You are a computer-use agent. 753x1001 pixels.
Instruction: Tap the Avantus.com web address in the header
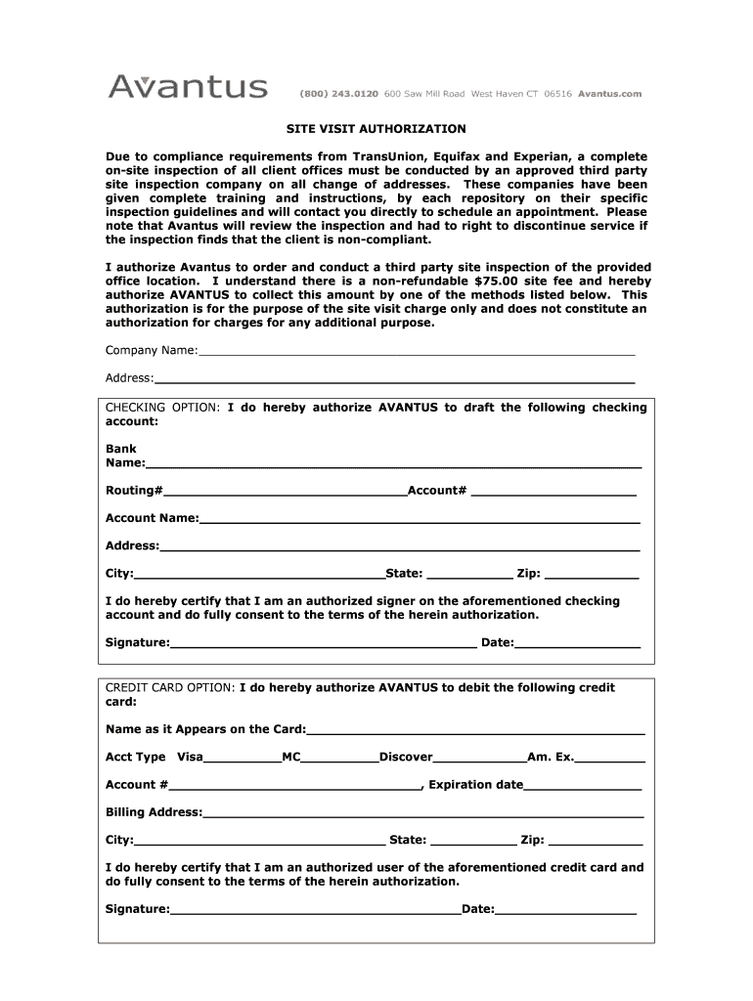point(609,94)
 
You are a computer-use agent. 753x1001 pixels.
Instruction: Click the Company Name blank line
point(417,351)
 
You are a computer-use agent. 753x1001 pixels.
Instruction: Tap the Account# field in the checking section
point(554,491)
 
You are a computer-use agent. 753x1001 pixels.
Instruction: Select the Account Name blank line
point(420,519)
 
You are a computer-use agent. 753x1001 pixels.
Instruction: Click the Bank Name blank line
point(393,463)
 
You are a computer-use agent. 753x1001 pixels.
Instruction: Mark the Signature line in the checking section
point(323,643)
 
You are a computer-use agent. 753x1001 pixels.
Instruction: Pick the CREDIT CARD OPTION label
point(169,688)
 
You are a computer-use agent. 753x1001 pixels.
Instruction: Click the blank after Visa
point(242,758)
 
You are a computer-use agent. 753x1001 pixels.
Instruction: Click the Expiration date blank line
point(583,785)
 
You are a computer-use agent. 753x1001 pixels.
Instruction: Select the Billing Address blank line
point(422,812)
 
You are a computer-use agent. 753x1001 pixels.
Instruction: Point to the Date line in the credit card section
point(566,910)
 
